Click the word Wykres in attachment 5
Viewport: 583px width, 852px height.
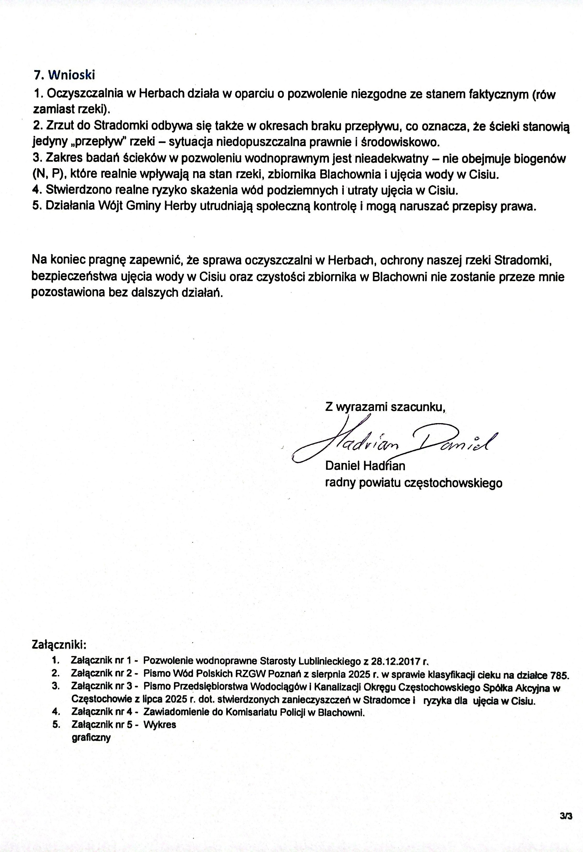click(160, 725)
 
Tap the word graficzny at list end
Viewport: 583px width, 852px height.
click(91, 737)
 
